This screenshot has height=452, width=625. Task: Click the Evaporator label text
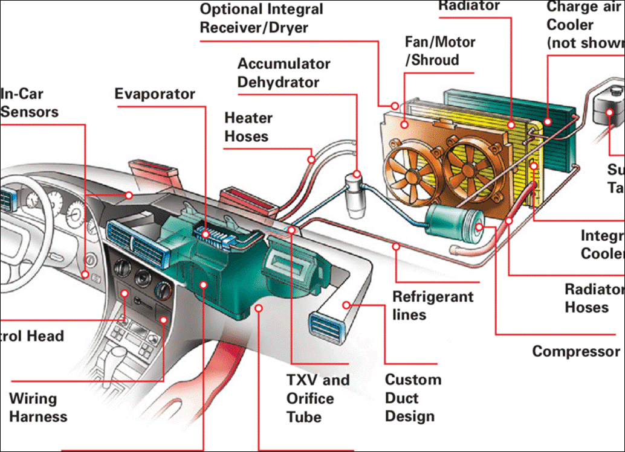click(155, 94)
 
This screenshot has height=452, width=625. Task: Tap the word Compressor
click(575, 351)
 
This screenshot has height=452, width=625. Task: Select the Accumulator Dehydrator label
click(283, 72)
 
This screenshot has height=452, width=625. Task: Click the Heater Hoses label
click(248, 127)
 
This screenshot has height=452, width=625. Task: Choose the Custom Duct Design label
click(413, 398)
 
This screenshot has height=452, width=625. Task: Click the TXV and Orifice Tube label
click(318, 398)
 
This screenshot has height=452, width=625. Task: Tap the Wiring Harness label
click(38, 407)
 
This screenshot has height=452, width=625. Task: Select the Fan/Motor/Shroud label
click(439, 51)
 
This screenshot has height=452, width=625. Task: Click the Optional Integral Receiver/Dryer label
click(261, 18)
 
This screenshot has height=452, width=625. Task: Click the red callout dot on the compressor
click(479, 228)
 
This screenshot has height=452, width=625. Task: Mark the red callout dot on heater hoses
click(311, 160)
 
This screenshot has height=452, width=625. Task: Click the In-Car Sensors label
click(30, 103)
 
